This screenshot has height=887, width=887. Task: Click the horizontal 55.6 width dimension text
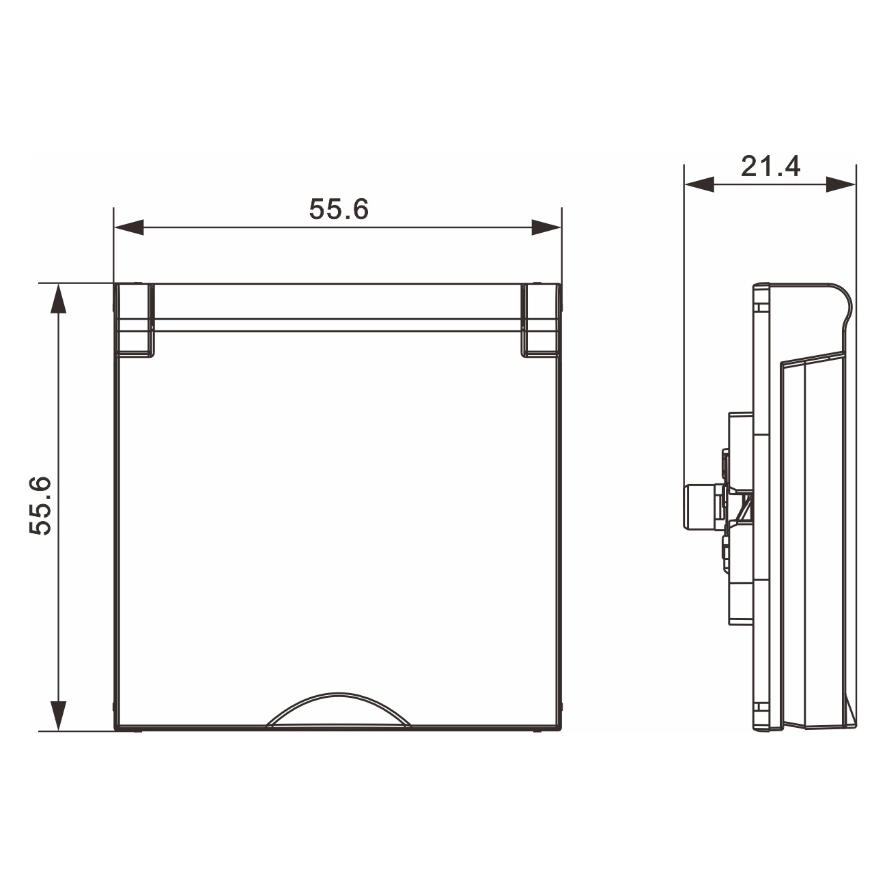[x=339, y=209]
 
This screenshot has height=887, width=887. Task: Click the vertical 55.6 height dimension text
[x=40, y=506]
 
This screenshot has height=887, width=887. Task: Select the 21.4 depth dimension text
[x=770, y=167]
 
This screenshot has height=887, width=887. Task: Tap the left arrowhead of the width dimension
[x=129, y=227]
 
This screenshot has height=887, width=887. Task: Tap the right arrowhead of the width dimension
[x=546, y=227]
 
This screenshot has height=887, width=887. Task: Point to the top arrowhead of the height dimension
[x=59, y=298]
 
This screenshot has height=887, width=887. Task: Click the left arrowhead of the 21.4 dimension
[x=699, y=184]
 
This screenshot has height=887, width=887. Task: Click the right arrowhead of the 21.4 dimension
[x=841, y=184]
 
